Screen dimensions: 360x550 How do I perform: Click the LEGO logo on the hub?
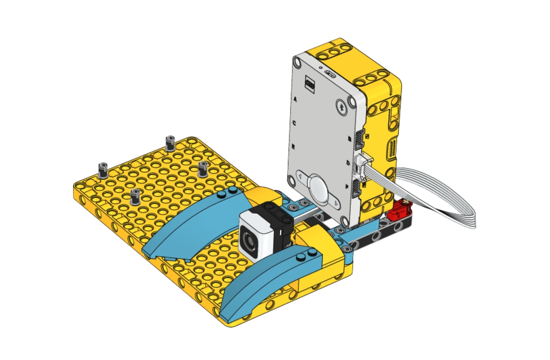coord(310,83)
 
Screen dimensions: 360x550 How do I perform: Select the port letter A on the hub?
coord(295,99)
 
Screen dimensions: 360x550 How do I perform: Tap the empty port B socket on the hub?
coord(359,140)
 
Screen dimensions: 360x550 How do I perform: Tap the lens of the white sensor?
coord(249,238)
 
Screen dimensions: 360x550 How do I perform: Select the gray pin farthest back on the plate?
coord(170,143)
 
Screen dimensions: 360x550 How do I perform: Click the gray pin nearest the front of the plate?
coord(135,197)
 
